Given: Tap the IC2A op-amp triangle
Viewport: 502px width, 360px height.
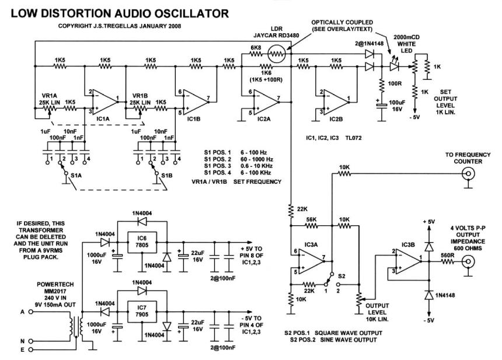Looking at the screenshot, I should click(x=262, y=102).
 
